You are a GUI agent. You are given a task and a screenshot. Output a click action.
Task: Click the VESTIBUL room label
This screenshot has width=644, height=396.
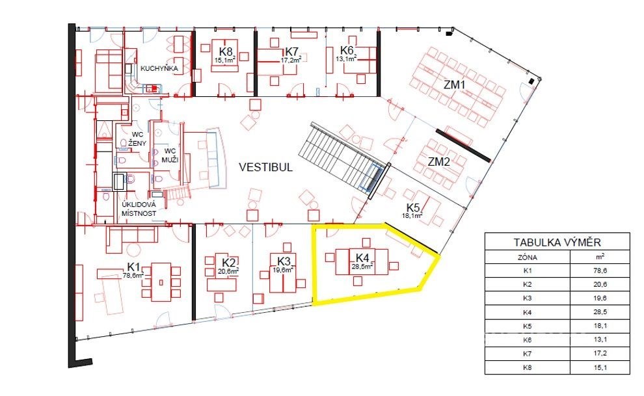pos(266,167)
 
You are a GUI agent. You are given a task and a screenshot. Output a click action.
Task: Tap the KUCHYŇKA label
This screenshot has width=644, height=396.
pos(159,68)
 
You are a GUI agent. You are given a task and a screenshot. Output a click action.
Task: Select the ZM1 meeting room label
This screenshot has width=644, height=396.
pos(454,85)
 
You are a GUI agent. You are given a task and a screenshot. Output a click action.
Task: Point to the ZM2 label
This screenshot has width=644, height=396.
pos(438,162)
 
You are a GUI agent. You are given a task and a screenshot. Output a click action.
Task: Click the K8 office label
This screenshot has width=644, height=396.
pos(226,52)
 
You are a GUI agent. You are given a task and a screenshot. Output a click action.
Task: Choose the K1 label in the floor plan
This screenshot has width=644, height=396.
pos(134,267)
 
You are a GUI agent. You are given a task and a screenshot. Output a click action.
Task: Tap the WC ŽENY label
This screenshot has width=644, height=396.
pos(137,139)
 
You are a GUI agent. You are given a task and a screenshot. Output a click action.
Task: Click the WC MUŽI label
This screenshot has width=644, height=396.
pos(170,155)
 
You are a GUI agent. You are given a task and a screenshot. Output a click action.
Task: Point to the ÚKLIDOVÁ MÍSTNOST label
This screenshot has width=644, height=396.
pos(139,209)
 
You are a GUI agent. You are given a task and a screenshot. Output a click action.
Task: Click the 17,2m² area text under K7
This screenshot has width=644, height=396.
pos(291,60)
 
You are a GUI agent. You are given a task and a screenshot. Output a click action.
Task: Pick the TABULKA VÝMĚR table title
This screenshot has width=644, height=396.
pos(557,242)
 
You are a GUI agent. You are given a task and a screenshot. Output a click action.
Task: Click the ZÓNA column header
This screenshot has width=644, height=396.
pos(528,257)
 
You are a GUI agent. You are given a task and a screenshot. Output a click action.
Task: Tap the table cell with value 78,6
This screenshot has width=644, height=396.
pos(600,271)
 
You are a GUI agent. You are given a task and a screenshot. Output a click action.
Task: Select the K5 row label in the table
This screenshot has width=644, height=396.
pos(528,326)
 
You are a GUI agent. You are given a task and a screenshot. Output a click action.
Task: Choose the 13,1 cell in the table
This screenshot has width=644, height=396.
pos(600,340)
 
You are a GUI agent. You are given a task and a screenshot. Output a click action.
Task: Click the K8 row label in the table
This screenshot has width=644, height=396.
pos(528,367)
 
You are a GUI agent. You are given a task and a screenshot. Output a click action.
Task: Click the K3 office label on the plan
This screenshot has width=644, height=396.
pos(284,261)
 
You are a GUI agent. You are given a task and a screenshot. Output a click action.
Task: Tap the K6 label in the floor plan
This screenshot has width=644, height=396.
pos(347,51)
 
